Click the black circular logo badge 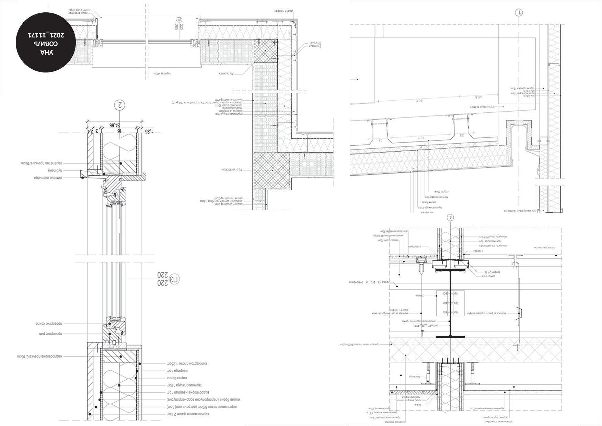[46, 43]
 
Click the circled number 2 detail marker [120, 105]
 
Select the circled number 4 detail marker [451, 217]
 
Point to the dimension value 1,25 [149, 131]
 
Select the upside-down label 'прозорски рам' [52, 334]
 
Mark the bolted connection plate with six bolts [450, 303]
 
